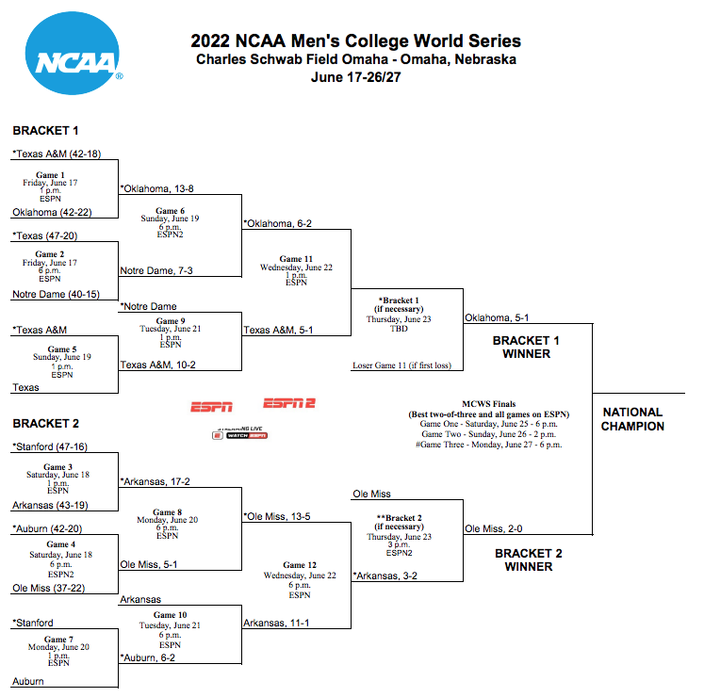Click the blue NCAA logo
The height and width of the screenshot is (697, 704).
point(73,54)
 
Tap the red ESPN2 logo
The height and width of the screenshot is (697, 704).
point(289,403)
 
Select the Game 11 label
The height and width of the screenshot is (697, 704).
point(296,259)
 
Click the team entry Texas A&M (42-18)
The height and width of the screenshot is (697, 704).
point(57,154)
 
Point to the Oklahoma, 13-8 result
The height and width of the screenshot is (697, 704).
point(156,188)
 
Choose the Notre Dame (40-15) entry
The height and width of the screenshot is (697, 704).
point(57,295)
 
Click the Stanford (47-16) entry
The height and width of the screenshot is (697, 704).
point(50,446)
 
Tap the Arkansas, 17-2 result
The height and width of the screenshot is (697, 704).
point(155,481)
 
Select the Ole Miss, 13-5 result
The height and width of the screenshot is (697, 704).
point(277,516)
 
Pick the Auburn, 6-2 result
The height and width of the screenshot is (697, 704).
point(148,658)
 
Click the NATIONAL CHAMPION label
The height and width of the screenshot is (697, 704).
point(632,419)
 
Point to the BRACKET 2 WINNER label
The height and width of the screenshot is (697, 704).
point(529,559)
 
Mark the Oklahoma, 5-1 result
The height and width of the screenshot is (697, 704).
point(497,317)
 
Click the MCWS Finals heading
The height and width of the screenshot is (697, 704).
point(489,404)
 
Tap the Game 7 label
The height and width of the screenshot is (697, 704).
point(58,640)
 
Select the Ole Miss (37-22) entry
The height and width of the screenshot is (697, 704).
point(48,588)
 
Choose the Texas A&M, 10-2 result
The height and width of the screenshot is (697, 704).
point(158,365)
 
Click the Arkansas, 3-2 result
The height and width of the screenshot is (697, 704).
point(385,575)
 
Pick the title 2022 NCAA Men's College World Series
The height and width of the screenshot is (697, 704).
point(355,41)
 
